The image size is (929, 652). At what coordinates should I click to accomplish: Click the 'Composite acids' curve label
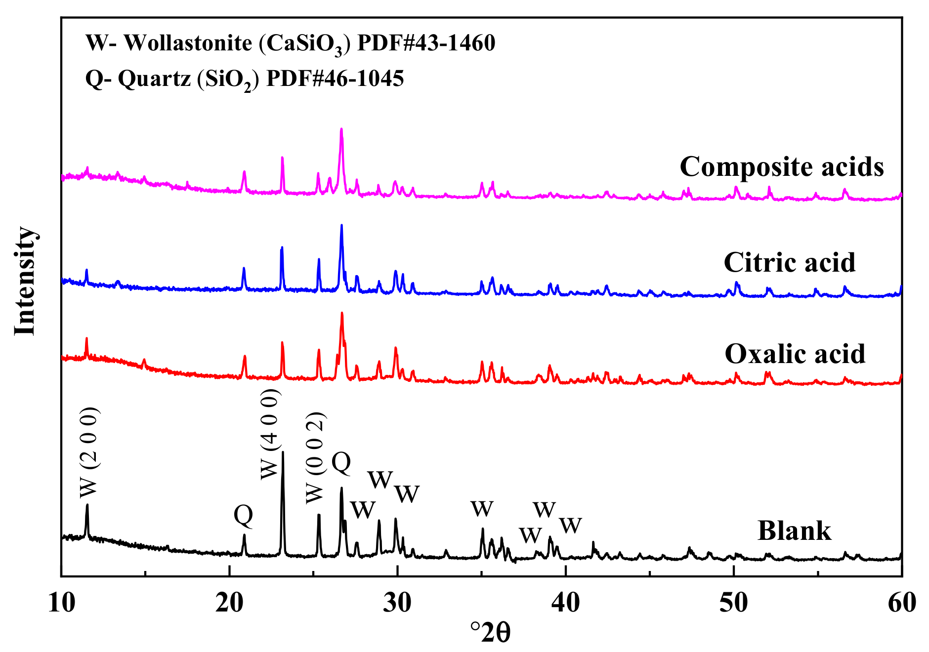point(781,167)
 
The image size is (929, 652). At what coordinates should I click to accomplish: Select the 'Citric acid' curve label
point(789,262)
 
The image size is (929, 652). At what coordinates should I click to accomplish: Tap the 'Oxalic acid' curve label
point(795,354)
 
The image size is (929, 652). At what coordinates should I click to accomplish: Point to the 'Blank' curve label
point(794,531)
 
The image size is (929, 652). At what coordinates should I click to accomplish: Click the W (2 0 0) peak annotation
point(89,452)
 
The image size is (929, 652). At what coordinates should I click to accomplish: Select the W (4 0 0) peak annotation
point(270,434)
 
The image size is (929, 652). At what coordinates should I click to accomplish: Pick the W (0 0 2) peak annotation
point(315,457)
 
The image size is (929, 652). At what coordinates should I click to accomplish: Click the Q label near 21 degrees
point(243,515)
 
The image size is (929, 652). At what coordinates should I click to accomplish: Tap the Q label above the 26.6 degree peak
point(341,463)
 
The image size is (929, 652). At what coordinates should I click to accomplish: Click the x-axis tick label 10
point(62,603)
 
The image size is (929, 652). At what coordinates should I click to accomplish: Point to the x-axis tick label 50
point(734,603)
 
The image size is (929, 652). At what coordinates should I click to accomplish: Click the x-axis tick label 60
point(902,603)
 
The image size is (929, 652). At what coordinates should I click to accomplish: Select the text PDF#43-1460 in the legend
point(426,43)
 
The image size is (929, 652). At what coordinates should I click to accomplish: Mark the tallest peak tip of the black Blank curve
point(283,452)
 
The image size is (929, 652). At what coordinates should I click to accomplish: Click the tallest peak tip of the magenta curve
point(341,129)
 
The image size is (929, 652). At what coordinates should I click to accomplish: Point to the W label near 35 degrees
point(482,509)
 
